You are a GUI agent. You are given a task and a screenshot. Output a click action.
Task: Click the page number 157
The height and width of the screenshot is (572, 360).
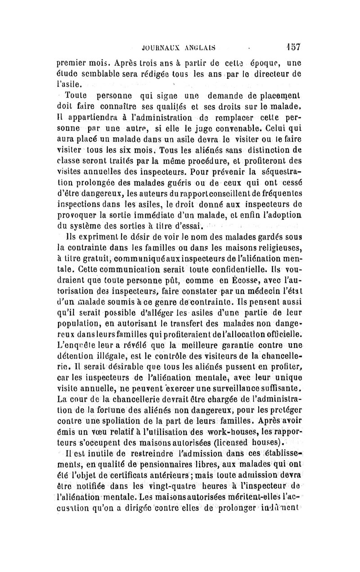coord(295,46)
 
